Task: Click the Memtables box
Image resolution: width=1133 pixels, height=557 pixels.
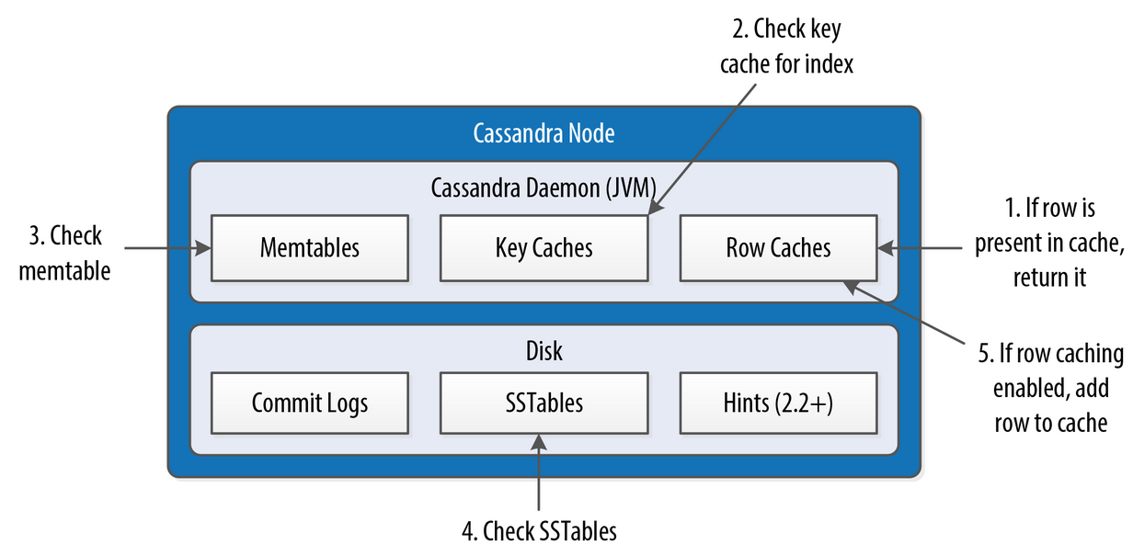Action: (309, 248)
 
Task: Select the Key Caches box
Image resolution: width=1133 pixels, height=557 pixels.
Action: (544, 248)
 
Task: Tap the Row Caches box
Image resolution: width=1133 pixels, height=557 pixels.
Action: (778, 248)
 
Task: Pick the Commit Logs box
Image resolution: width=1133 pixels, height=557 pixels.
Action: (309, 404)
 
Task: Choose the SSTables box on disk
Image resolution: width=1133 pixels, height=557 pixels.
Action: (544, 404)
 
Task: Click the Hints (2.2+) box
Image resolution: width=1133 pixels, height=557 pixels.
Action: (778, 404)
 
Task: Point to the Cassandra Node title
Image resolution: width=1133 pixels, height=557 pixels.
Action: (544, 134)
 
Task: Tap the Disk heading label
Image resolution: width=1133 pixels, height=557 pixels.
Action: (544, 351)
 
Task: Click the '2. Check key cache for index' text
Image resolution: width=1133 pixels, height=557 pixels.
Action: (786, 47)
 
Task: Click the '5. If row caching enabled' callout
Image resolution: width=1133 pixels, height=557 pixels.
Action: (1049, 388)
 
